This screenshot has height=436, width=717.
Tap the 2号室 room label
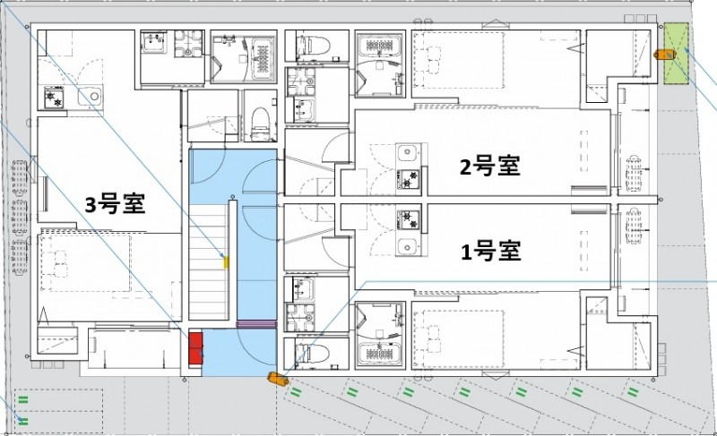point(490,166)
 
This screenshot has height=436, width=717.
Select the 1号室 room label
point(490,251)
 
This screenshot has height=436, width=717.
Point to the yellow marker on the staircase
point(226,262)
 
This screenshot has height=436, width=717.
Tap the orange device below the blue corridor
point(277,379)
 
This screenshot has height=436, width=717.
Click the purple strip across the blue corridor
point(255,323)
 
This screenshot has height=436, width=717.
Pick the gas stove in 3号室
point(53,98)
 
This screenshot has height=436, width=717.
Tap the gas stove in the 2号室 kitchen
point(409,180)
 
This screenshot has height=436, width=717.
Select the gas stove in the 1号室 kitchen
point(409,218)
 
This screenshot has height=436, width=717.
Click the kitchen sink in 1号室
point(409,244)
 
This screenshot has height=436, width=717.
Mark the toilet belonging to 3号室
point(259,124)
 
